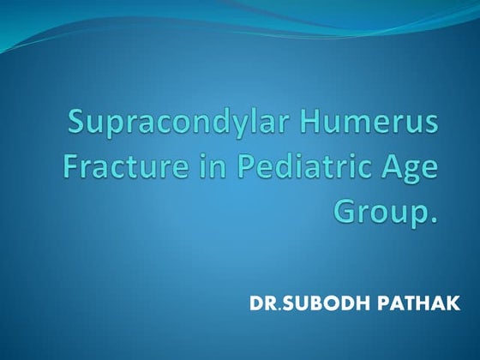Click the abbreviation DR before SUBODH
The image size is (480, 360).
click(x=264, y=304)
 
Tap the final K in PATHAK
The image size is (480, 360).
click(x=452, y=304)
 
